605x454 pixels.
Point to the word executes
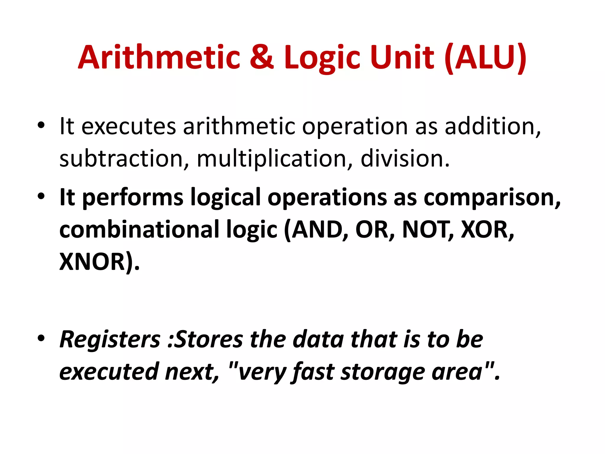[129, 127]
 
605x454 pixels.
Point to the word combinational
[139, 230]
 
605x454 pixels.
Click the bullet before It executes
[41, 125]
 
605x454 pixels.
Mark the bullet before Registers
[41, 338]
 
